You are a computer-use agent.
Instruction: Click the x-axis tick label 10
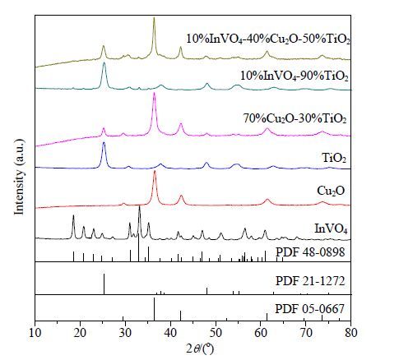click(x=35, y=334)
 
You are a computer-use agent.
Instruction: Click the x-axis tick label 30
click(x=125, y=334)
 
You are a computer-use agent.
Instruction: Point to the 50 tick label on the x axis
click(x=216, y=334)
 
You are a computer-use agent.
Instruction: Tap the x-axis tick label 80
click(x=351, y=334)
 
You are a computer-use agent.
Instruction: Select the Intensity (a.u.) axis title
click(x=19, y=178)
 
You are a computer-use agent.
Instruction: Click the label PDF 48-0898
click(x=310, y=252)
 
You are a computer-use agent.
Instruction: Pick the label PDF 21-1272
click(x=310, y=281)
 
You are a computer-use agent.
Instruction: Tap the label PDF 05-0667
click(x=309, y=309)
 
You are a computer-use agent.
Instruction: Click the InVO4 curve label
click(x=331, y=228)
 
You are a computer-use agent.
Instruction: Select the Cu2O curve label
click(x=331, y=191)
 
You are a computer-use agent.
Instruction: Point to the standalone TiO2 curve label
click(x=334, y=159)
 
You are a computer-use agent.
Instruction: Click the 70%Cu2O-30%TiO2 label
click(x=295, y=119)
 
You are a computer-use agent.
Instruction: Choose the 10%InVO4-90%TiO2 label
click(x=295, y=76)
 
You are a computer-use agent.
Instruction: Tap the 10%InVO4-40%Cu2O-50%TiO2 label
click(x=268, y=39)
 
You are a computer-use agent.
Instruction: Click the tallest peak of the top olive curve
click(x=154, y=18)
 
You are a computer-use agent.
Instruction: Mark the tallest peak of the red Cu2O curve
click(x=155, y=171)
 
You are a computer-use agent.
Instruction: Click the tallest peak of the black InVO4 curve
click(x=140, y=207)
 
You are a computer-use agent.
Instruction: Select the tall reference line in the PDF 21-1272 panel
click(x=104, y=284)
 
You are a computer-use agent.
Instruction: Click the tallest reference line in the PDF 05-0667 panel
click(x=154, y=309)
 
